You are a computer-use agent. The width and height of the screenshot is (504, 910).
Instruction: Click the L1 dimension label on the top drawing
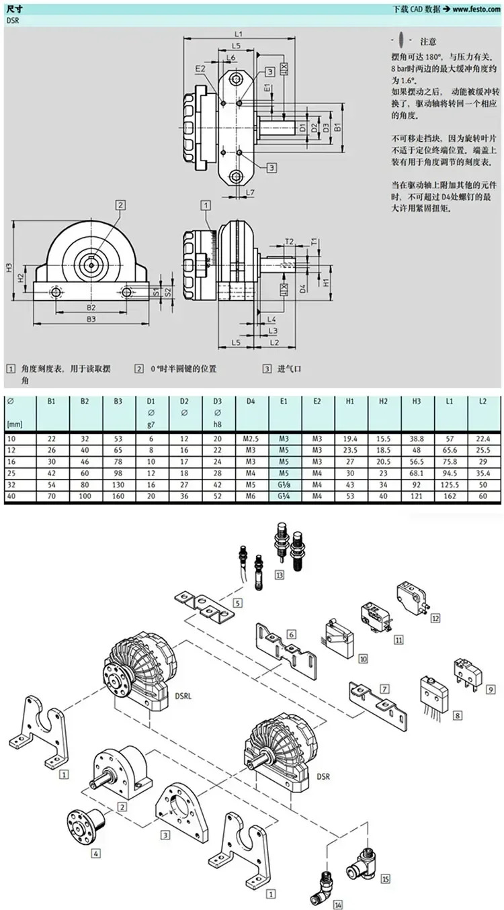tap(239, 34)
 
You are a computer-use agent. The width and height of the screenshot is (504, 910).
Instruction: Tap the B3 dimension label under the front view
tap(91, 319)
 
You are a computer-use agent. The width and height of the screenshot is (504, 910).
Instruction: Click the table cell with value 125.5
tap(449, 485)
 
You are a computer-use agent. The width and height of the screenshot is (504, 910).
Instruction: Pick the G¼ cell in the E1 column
tap(284, 496)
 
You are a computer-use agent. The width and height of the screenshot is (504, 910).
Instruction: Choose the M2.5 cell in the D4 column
tap(251, 439)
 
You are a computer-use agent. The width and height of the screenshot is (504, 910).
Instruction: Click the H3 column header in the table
tap(416, 402)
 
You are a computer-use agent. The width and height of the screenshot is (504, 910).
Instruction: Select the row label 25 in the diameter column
tap(11, 473)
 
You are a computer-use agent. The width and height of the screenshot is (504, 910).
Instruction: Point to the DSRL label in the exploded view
tap(183, 696)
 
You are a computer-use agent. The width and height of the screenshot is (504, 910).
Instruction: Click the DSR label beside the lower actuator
tap(323, 776)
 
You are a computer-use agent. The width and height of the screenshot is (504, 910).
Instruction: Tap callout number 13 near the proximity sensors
tap(280, 575)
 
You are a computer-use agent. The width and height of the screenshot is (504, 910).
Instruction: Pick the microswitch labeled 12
tap(413, 598)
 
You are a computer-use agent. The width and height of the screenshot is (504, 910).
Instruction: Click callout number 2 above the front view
tap(120, 205)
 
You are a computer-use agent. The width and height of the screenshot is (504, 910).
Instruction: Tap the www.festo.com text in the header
tap(476, 9)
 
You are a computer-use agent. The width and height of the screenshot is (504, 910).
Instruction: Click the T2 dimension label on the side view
tap(289, 241)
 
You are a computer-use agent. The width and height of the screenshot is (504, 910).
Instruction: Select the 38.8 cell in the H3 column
tap(416, 439)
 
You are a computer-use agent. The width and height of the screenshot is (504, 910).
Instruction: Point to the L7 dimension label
tap(250, 192)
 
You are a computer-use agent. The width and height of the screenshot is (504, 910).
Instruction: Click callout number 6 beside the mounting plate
tap(292, 634)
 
